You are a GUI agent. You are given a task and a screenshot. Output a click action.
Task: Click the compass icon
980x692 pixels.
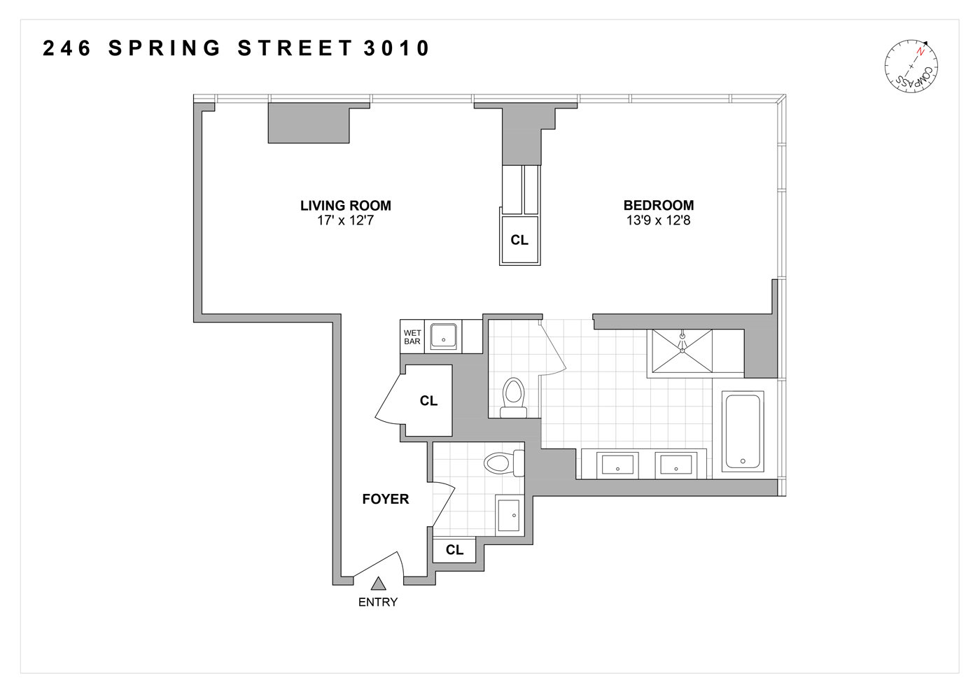pos(911,67)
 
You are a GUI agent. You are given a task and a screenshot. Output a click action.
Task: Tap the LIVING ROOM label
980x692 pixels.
pos(346,206)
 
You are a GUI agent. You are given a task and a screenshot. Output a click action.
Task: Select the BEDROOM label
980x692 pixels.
pos(659,205)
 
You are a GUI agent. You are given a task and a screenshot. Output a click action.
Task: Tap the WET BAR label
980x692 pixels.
pos(412,337)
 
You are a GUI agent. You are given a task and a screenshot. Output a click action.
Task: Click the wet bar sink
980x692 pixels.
pos(442,337)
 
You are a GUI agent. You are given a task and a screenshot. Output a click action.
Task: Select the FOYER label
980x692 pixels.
pos(385,499)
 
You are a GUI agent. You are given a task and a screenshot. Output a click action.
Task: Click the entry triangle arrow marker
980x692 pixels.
pos(379,583)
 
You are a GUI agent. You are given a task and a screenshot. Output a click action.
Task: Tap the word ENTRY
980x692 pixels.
pos(378,602)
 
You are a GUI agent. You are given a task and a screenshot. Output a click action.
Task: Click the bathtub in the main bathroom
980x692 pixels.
pos(742,432)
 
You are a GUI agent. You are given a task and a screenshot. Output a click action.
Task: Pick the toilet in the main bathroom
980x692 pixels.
pos(514,397)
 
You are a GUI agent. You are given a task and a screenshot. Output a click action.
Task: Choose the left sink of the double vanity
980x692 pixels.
pos(617,464)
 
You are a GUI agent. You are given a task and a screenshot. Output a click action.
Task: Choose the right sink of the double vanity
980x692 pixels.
pos(675,464)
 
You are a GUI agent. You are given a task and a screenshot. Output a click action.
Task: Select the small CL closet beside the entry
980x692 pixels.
pos(454,550)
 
